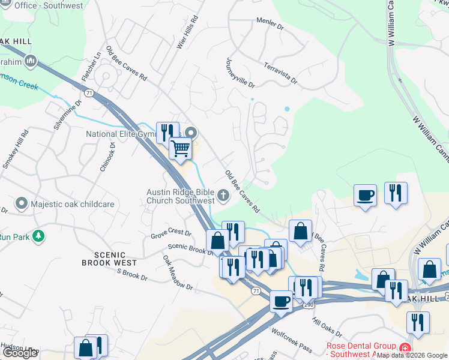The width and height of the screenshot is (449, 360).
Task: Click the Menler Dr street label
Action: (x=270, y=24)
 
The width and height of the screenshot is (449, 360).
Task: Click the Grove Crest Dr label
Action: (x=170, y=233)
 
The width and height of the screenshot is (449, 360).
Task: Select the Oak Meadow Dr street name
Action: (x=178, y=273)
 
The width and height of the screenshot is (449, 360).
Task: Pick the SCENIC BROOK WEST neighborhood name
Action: (x=109, y=258)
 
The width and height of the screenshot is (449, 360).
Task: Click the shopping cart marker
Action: (x=180, y=147)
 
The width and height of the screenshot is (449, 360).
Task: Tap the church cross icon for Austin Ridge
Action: (x=223, y=194)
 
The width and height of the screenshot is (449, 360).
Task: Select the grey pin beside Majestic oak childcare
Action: (x=22, y=204)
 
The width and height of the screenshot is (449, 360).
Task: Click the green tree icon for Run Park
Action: (x=39, y=236)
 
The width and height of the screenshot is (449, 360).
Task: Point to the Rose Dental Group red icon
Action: (x=405, y=347)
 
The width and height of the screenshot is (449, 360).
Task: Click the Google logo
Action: (x=19, y=352)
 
